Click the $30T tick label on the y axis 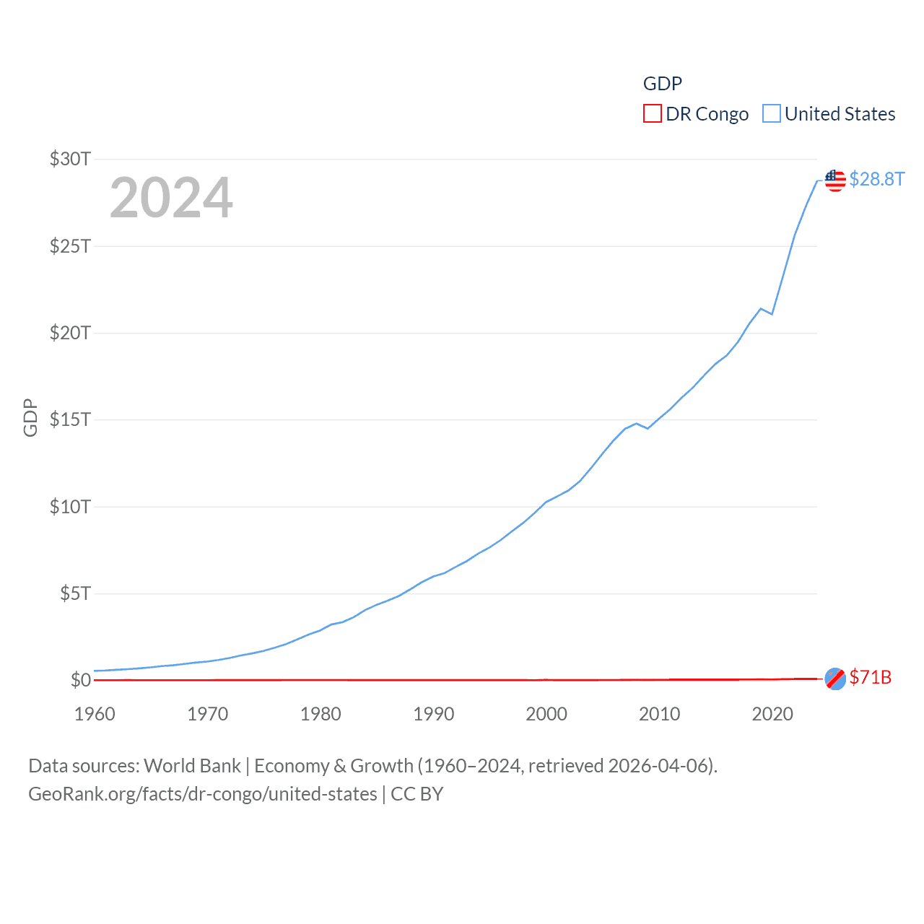click(x=70, y=159)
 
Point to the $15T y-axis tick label click(x=70, y=419)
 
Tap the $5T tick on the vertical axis click(x=75, y=593)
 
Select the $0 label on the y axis click(x=80, y=680)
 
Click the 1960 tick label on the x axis click(x=95, y=714)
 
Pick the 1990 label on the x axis click(x=433, y=714)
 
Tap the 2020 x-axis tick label click(x=772, y=714)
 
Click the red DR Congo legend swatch click(x=652, y=114)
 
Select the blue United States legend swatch click(x=772, y=114)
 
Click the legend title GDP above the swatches click(x=662, y=84)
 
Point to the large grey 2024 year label click(x=171, y=197)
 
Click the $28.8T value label click(x=876, y=179)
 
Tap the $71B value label click(x=870, y=677)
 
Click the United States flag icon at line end click(x=835, y=180)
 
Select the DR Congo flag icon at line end click(x=835, y=679)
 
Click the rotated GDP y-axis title click(x=30, y=417)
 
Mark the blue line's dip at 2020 click(x=772, y=314)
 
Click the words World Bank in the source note click(x=192, y=765)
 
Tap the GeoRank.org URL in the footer click(x=202, y=794)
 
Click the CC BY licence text click(x=417, y=794)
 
